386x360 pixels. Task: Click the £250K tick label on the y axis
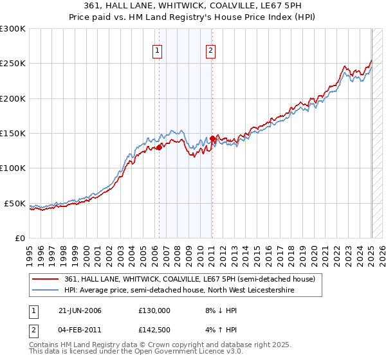pyautogui.click(x=13, y=64)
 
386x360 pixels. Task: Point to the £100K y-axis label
pyautogui.click(x=13, y=168)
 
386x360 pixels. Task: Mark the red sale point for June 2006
pyautogui.click(x=160, y=147)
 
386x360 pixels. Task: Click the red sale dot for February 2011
pyautogui.click(x=212, y=138)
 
